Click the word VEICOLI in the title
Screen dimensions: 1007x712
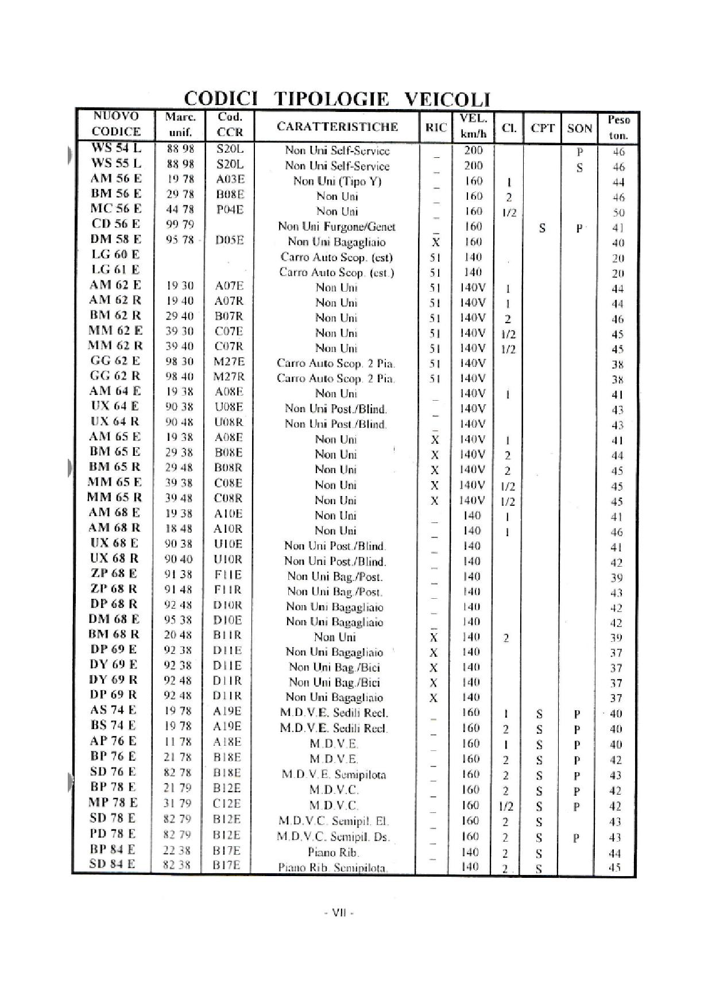pos(447,99)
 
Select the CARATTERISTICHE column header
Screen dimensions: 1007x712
pos(337,127)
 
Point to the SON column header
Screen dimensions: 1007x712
pos(579,128)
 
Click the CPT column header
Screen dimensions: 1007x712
pos(542,128)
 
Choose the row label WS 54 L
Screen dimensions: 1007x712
pos(116,148)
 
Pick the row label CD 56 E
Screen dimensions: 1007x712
pos(115,224)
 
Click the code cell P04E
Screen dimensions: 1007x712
pos(230,210)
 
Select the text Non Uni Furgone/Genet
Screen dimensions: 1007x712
pos(337,226)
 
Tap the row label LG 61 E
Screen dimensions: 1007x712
pos(115,269)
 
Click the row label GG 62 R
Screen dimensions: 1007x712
pos(115,376)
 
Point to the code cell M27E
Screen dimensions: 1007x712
pos(230,362)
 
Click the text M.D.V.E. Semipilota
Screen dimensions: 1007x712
pos(334,774)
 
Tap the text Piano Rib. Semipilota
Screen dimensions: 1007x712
pos(333,867)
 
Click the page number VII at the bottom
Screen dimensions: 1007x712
pos(339,913)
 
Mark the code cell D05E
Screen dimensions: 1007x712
pos(230,240)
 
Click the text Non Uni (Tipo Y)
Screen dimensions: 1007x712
pos(337,181)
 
